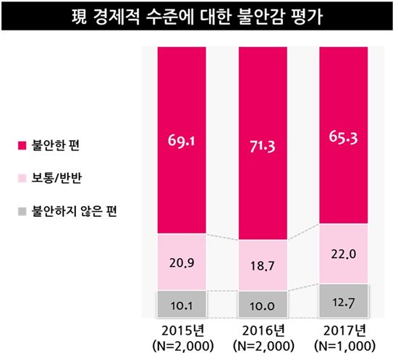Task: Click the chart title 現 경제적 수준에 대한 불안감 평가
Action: (x=198, y=15)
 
